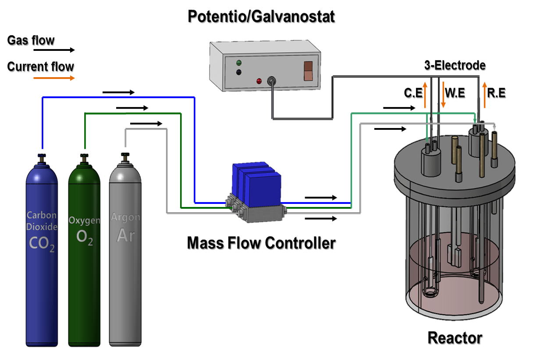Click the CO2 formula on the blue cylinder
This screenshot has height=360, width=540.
pos(42,244)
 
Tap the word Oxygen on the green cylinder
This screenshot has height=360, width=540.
pos(84,220)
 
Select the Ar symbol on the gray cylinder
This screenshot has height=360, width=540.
pos(125,235)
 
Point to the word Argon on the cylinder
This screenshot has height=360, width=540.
pos(125,217)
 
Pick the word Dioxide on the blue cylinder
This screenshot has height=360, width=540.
pos(42,227)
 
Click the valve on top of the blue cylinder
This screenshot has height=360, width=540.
pos(42,157)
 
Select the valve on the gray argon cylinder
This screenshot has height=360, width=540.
pos(125,157)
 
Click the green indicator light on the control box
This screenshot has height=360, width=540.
pos(239,63)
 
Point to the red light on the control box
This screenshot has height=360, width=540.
pos(259,81)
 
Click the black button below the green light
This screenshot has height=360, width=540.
pos(239,72)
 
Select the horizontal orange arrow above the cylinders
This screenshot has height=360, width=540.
pos(54,78)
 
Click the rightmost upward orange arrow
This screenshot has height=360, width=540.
pos(484,95)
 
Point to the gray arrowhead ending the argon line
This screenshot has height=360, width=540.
pos(495,128)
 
